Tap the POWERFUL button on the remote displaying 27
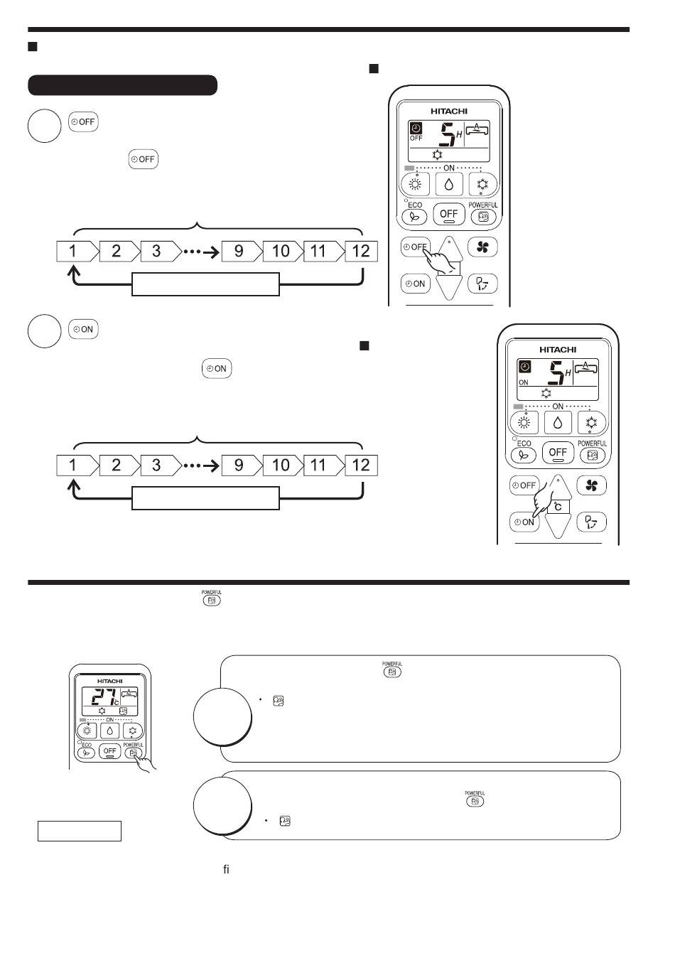(134, 753)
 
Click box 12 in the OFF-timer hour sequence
(361, 251)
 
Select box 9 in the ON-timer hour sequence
(239, 465)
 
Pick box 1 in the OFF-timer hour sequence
(72, 251)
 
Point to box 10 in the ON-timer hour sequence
(281, 465)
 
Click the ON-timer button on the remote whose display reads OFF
(415, 284)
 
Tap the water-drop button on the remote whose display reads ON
(558, 423)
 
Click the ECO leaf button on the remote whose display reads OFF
(414, 217)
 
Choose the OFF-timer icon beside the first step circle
(83, 122)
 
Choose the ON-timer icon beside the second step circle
(83, 329)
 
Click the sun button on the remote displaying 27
(87, 731)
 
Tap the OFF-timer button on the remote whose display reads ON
(524, 486)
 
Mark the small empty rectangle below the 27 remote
(80, 831)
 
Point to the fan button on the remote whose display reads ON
(590, 486)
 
